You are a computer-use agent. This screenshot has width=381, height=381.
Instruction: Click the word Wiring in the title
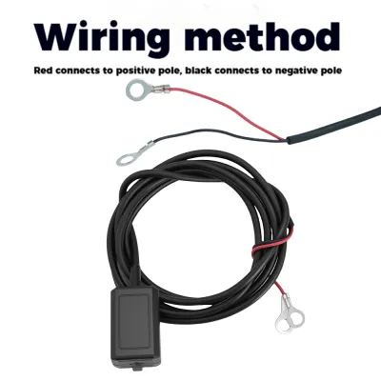[101, 37]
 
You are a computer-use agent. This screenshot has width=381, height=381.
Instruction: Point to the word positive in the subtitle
[132, 71]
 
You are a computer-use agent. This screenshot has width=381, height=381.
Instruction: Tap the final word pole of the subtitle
[332, 71]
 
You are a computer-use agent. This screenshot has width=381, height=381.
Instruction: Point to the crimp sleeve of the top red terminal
[160, 91]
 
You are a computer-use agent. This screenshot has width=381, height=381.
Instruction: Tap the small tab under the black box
[137, 369]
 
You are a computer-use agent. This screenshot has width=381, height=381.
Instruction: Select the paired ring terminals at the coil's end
[290, 316]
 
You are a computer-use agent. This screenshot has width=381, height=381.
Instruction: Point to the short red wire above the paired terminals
[279, 289]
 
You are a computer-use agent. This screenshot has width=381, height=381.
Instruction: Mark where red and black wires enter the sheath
[287, 140]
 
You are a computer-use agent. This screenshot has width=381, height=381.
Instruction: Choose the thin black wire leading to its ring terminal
[216, 132]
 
